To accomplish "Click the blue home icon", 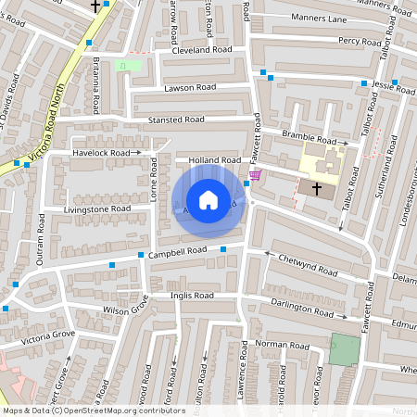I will [208, 200].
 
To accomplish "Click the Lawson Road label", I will [190, 87].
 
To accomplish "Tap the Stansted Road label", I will [176, 120].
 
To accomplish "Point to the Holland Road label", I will [214, 160].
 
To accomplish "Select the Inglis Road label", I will [192, 296].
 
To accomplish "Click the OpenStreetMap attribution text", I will [94, 411].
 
